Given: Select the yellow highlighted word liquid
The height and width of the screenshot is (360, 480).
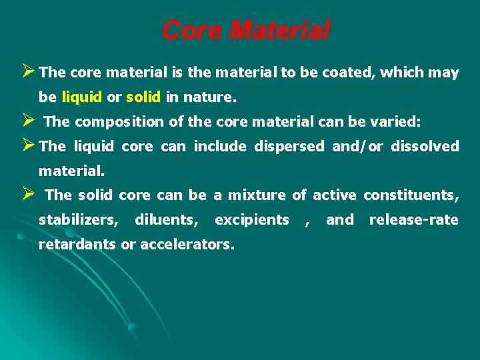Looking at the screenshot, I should click(x=81, y=97).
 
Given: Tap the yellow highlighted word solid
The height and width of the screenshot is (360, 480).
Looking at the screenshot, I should click(x=143, y=97).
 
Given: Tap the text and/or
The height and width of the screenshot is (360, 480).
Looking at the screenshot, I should click(x=358, y=146).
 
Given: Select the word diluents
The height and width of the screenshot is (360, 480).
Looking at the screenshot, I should click(x=167, y=219).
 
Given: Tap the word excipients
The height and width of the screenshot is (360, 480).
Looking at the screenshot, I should click(x=252, y=219).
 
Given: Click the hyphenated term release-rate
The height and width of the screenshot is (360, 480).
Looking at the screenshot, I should click(x=413, y=219).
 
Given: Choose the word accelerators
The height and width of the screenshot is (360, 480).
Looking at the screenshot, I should click(x=186, y=244).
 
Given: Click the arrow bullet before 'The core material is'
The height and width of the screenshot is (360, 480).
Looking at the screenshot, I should click(x=28, y=73).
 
